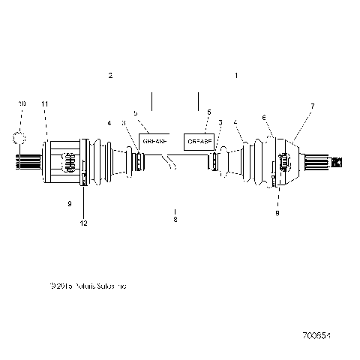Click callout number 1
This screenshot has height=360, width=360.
[x=236, y=76]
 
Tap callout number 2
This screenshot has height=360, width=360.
[x=110, y=76]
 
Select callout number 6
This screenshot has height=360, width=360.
[x=263, y=117]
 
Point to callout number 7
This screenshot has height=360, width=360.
[x=312, y=106]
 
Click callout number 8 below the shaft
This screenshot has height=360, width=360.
[x=175, y=219]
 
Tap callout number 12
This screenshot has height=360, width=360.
[x=84, y=223]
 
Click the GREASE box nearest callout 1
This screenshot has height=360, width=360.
[x=198, y=140]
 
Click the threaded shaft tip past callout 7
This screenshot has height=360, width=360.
[x=336, y=160]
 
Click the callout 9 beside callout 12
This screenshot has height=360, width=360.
[x=69, y=203]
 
